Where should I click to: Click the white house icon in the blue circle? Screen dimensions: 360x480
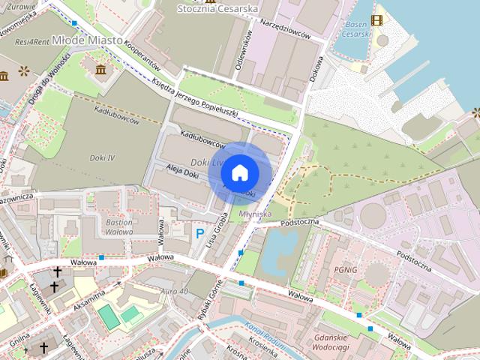(x=240, y=172)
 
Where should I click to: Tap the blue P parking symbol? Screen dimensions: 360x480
(x=199, y=234)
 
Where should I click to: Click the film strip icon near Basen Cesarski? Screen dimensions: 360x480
(x=376, y=20)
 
